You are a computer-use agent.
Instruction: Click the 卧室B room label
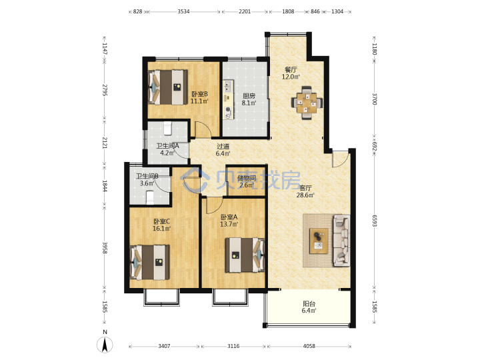[199, 94]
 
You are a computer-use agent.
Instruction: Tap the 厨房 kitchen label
[249, 96]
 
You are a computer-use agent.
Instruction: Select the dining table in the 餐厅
[307, 102]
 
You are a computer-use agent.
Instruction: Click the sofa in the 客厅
[341, 240]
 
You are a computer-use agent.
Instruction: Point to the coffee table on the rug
[319, 241]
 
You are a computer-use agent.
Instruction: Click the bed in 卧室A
[245, 255]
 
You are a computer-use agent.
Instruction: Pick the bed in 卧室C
[150, 263]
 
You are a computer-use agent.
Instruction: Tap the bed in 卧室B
[167, 87]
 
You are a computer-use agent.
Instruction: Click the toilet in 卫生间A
[167, 128]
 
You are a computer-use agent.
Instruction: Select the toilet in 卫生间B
[150, 197]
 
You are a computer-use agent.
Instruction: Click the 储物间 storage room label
[247, 178]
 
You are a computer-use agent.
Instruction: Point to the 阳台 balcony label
[309, 304]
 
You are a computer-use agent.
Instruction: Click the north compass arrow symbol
[105, 345]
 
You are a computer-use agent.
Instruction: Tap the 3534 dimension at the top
[183, 11]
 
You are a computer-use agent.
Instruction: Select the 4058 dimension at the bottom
[309, 346]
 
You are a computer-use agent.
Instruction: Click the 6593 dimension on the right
[375, 221]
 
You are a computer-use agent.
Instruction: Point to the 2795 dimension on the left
[105, 90]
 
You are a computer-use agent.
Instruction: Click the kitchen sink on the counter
[228, 86]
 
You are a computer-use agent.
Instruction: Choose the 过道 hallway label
[223, 147]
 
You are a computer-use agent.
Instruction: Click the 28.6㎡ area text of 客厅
[305, 195]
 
